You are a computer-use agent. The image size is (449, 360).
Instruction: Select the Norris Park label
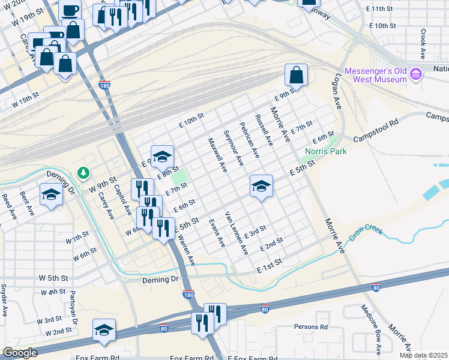[x=326, y=152]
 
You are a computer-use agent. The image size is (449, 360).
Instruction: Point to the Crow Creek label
[x=366, y=232]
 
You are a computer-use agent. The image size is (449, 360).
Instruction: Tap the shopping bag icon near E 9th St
[x=296, y=76]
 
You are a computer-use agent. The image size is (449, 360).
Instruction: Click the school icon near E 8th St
[x=161, y=157]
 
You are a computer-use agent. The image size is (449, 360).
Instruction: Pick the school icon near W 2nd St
[x=104, y=331]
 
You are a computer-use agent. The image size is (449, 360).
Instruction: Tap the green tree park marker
[x=83, y=173]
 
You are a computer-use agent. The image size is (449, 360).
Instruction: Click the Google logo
[x=19, y=353]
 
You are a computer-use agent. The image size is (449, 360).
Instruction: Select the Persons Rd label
[x=310, y=327]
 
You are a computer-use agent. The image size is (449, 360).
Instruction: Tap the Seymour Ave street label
[x=233, y=148]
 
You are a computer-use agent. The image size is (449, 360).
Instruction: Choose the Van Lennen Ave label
[x=236, y=232]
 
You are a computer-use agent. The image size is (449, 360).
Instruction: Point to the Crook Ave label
[x=423, y=44]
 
